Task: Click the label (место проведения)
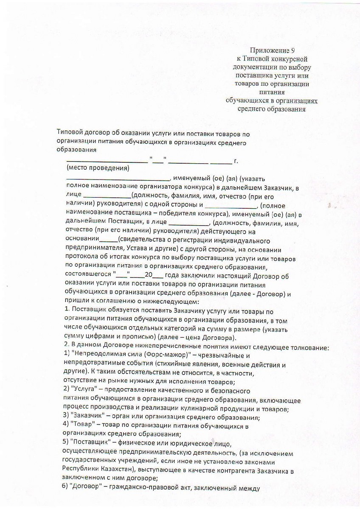coord(98,169)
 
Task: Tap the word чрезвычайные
coord(223,355)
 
